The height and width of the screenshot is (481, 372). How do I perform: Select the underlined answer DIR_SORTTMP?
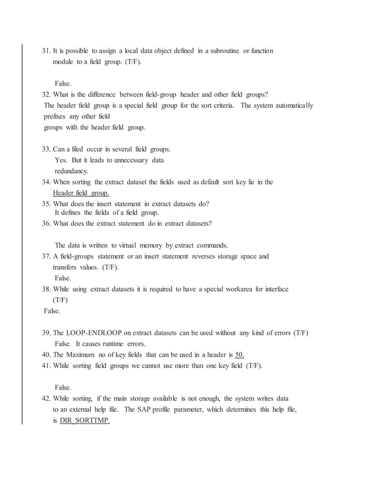(x=85, y=421)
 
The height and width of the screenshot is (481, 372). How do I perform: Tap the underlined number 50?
(x=239, y=355)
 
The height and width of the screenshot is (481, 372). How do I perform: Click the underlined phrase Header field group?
(x=80, y=193)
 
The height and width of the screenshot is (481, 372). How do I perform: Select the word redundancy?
(x=71, y=171)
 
